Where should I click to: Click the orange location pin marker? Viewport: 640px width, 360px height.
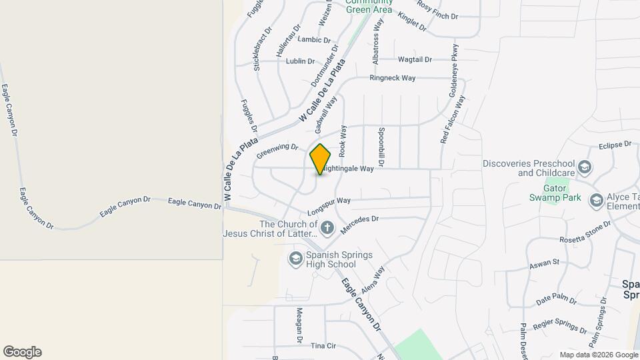[320, 159]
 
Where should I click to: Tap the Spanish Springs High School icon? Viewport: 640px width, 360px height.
[295, 257]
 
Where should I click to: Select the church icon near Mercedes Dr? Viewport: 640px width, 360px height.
[327, 229]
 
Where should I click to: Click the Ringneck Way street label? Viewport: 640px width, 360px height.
[393, 78]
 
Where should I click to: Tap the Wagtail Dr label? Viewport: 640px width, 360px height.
[414, 59]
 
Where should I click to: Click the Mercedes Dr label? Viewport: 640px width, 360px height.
[359, 223]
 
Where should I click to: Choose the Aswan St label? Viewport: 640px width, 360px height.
[544, 264]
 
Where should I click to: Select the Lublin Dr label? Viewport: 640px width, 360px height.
[300, 61]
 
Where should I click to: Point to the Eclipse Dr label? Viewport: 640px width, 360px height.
[615, 145]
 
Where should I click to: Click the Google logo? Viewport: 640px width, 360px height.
[22, 352]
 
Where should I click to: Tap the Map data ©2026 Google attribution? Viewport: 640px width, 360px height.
[598, 355]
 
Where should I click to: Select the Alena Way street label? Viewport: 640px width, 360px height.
[373, 281]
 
